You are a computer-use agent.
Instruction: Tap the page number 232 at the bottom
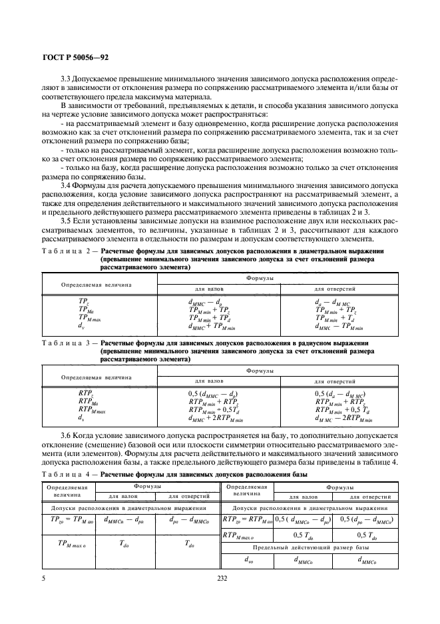(x=222, y=578)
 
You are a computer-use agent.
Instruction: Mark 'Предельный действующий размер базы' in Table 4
(x=311, y=545)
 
